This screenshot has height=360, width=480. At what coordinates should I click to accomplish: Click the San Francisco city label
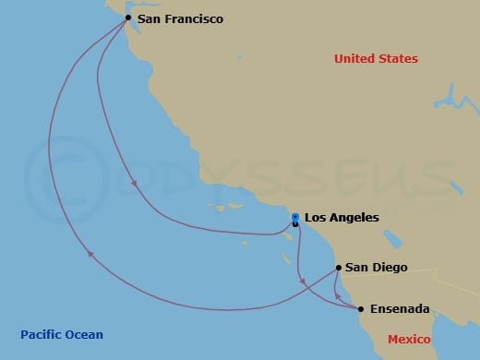[x=180, y=18]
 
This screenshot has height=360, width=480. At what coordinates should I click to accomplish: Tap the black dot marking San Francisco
[x=127, y=18]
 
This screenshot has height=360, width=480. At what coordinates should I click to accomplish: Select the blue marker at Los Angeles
[x=294, y=217]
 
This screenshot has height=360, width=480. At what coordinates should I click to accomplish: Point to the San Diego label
[x=376, y=268]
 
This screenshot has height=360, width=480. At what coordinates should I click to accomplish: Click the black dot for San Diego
[x=340, y=268]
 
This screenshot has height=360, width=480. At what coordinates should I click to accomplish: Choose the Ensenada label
[x=399, y=309]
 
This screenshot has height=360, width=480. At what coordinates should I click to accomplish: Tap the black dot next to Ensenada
[x=360, y=309]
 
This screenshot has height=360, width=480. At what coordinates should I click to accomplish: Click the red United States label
[x=376, y=59]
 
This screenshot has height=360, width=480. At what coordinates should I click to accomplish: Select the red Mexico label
[x=408, y=340]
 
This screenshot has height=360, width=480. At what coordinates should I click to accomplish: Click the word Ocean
[x=83, y=335]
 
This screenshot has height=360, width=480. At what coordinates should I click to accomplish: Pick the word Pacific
[x=41, y=335]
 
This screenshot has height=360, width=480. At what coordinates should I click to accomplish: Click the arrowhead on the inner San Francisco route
[x=135, y=183]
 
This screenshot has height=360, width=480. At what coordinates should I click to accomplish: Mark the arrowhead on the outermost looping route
[x=89, y=256]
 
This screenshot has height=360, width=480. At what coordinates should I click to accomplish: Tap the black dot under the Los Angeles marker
[x=294, y=224]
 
